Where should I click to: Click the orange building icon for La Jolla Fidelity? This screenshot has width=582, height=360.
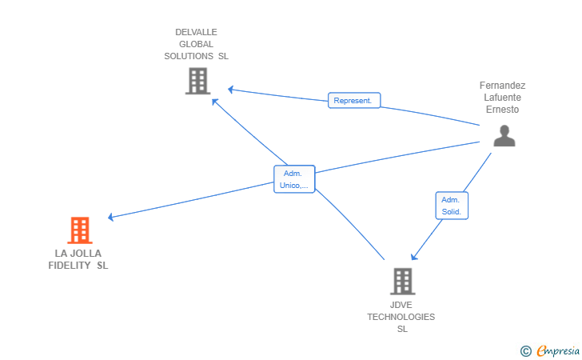(x=80, y=230)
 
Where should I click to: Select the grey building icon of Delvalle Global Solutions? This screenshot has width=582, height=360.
(x=197, y=81)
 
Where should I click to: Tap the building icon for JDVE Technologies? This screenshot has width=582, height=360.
(x=403, y=282)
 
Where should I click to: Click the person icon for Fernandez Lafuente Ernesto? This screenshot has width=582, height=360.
(x=504, y=136)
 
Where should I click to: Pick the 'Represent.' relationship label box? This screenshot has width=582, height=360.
(x=354, y=100)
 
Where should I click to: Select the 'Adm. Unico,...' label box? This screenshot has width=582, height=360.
(x=294, y=179)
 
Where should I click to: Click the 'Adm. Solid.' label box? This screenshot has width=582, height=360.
(x=452, y=206)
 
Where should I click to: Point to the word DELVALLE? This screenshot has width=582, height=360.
(x=196, y=32)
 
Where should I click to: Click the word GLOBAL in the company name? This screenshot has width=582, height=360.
(x=196, y=44)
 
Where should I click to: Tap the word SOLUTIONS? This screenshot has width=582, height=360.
(x=189, y=56)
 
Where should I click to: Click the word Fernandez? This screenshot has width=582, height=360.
(x=502, y=86)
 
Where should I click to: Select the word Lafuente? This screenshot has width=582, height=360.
(x=502, y=98)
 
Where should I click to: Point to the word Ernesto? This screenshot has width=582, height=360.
(x=502, y=110)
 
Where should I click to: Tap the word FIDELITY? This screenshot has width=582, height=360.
(x=70, y=266)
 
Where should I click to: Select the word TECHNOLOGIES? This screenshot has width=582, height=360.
(x=401, y=317)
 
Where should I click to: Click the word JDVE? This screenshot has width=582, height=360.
(x=401, y=305)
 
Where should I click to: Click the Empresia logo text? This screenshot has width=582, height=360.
(x=558, y=350)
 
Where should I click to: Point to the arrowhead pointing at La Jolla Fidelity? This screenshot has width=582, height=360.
(x=110, y=217)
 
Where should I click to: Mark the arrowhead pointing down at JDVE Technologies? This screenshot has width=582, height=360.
(x=414, y=257)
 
